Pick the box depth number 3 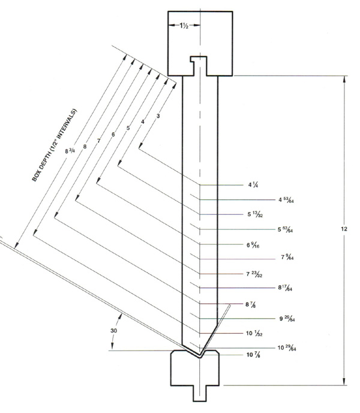158,115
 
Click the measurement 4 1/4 254,185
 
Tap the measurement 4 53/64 286,199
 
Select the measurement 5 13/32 254,214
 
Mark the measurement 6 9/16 254,245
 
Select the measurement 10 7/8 254,357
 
